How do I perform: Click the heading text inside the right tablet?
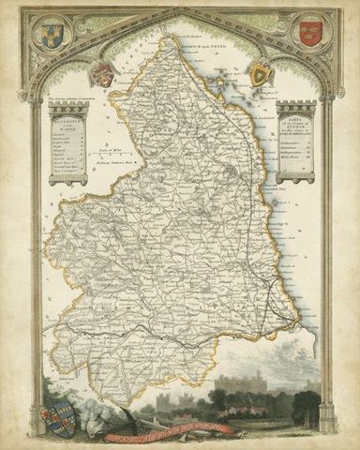(x=295, y=122)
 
